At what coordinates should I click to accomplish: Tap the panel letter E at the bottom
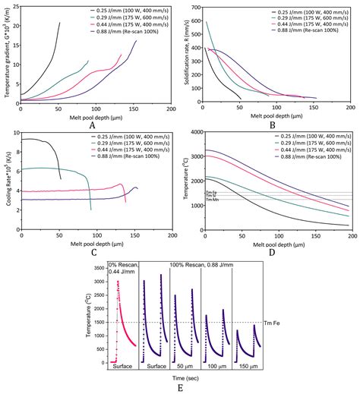(x=181, y=389)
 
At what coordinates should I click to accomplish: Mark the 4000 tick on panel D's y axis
(x=194, y=132)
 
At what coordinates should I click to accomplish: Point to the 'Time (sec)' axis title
(x=180, y=379)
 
